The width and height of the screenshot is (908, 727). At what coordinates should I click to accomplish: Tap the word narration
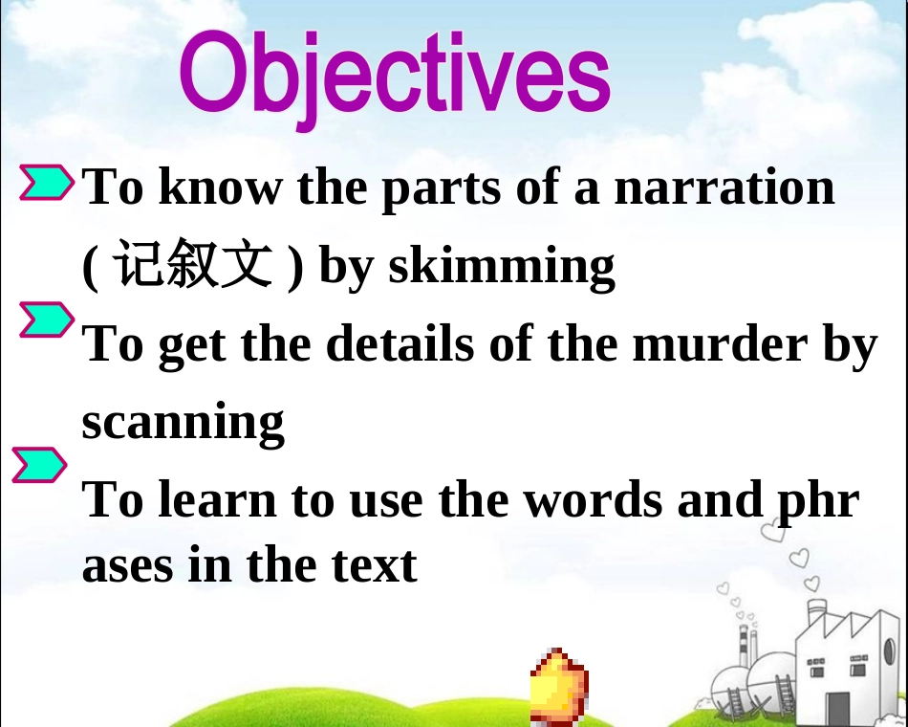(724, 187)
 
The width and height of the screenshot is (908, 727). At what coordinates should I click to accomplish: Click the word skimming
(501, 267)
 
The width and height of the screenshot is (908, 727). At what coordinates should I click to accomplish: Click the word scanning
(183, 422)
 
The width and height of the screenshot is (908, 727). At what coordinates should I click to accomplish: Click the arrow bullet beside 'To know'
(46, 183)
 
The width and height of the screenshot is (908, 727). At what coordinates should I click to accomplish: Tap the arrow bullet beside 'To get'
(46, 320)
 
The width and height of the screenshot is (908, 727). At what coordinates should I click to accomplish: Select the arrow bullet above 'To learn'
(39, 465)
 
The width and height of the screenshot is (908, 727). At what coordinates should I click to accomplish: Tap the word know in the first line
(219, 187)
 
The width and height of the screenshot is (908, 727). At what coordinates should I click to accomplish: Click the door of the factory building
(837, 708)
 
